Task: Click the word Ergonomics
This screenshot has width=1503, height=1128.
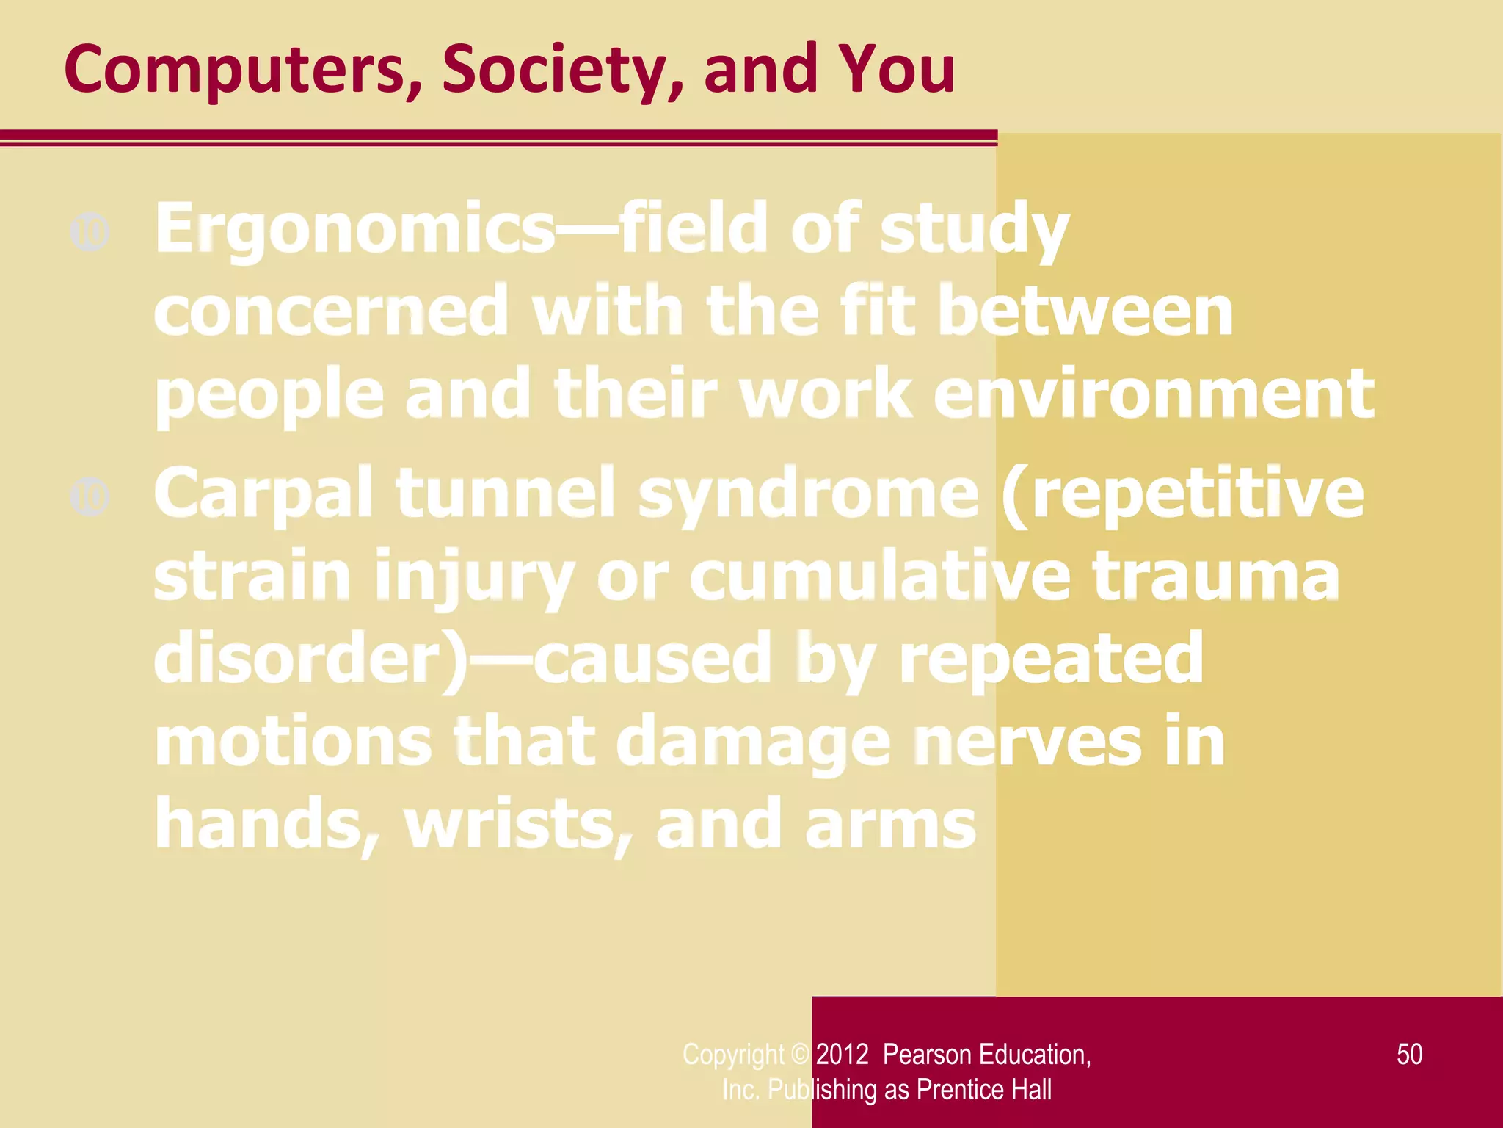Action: [354, 229]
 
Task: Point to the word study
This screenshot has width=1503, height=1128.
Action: [974, 229]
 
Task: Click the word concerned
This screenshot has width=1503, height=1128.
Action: [331, 311]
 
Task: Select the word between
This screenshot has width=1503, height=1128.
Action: [1085, 311]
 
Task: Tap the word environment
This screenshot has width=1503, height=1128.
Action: [1153, 394]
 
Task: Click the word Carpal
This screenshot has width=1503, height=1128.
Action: [263, 493]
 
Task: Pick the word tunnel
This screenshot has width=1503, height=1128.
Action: [505, 493]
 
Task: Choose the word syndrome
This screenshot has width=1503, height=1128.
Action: [808, 493]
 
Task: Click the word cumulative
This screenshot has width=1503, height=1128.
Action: [880, 576]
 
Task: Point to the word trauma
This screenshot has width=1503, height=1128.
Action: [1215, 576]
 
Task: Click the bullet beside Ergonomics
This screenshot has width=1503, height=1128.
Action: [90, 232]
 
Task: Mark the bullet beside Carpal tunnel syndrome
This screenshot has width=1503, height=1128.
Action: [90, 496]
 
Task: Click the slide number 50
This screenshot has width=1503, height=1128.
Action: [1409, 1054]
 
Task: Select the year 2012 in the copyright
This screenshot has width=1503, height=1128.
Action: [842, 1055]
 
